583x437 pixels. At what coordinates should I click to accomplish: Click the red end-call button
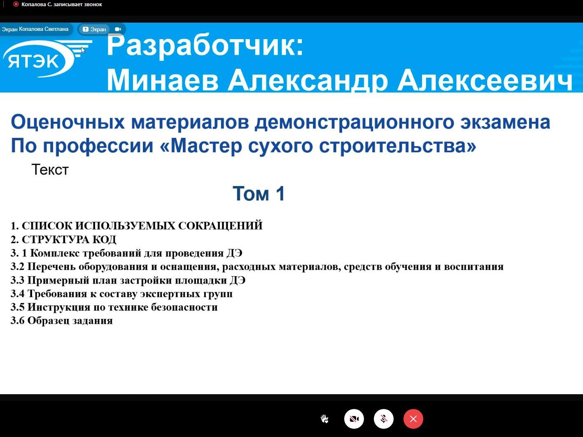click(413, 419)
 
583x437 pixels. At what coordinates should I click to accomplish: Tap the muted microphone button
click(383, 419)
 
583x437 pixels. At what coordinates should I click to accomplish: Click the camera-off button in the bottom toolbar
click(354, 419)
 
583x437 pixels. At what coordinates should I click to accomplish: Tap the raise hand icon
click(324, 419)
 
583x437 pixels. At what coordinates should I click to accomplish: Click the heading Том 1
click(259, 193)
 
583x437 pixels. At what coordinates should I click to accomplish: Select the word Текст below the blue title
click(50, 170)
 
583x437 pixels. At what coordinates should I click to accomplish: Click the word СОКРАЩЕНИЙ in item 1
click(220, 226)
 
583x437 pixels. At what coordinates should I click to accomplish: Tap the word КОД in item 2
click(104, 239)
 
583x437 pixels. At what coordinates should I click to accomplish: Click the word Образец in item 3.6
click(49, 321)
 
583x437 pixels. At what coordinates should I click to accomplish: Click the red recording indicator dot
click(16, 4)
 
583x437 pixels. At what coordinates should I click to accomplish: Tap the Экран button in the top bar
click(94, 29)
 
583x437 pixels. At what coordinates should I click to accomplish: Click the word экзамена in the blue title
click(505, 122)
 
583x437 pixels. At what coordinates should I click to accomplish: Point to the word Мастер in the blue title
click(206, 146)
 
